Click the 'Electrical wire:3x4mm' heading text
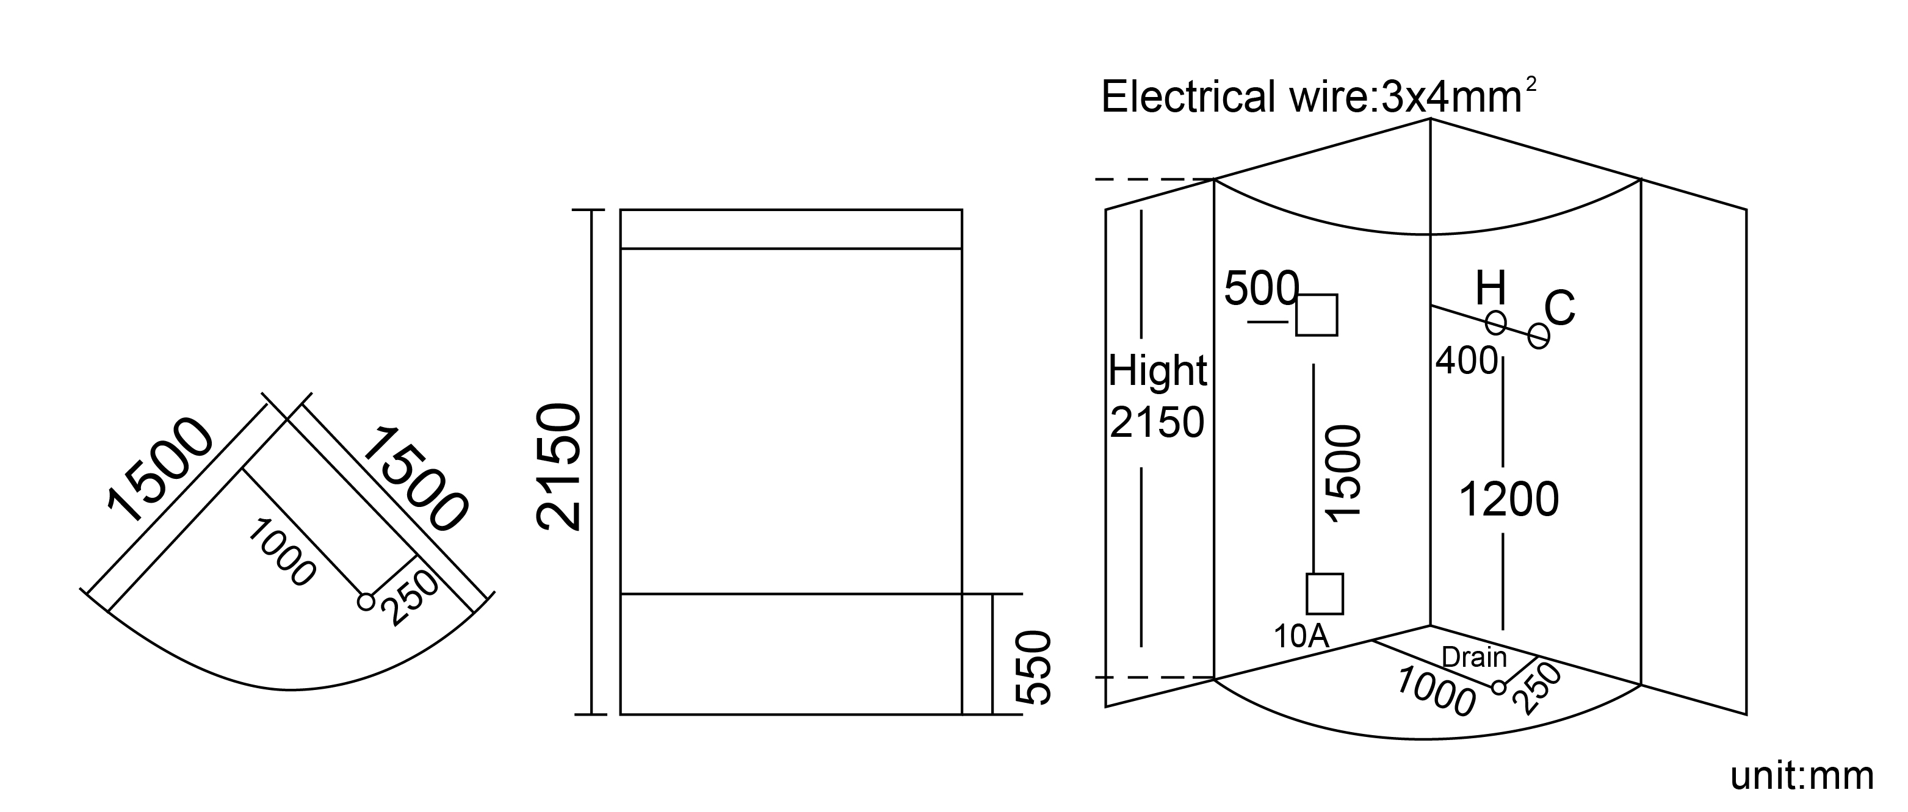(1312, 98)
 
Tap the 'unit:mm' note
(1801, 776)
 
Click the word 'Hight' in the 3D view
(1158, 371)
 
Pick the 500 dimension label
(1262, 288)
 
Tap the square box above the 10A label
(1324, 594)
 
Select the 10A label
(1301, 636)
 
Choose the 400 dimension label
(1467, 361)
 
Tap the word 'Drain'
(1474, 656)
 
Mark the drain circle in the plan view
(366, 602)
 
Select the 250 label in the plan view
(410, 598)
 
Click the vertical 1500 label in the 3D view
(1343, 474)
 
